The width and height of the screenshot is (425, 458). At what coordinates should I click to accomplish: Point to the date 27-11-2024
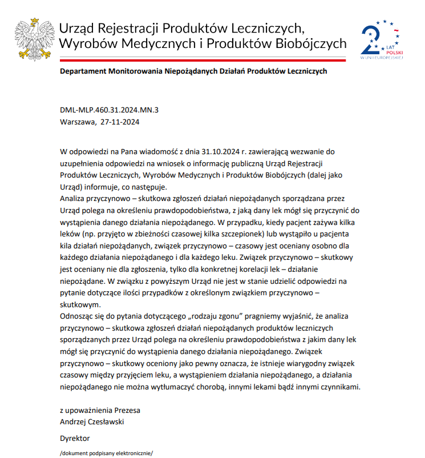click(x=120, y=122)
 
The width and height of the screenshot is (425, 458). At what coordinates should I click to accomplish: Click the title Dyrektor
click(x=75, y=438)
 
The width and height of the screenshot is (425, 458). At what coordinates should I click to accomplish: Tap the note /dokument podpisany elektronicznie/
click(x=107, y=453)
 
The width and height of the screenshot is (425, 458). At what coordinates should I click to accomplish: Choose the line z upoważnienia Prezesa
click(x=100, y=411)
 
